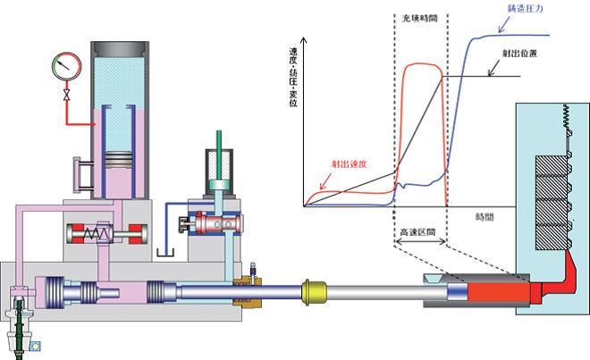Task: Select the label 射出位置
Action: pos(510,54)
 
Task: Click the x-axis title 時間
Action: pos(485,217)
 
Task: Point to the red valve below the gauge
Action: pos(64,93)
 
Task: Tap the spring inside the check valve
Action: pos(95,236)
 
